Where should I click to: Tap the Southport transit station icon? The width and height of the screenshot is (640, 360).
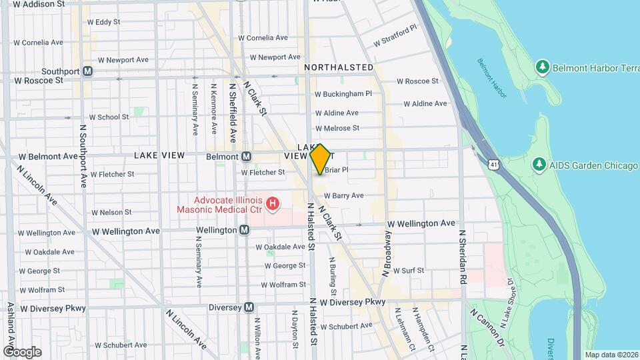(88, 71)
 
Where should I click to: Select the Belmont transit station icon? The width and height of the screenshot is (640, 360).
(246, 156)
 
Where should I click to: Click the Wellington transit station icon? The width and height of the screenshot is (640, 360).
(245, 230)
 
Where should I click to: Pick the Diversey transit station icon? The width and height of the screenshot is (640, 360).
(249, 307)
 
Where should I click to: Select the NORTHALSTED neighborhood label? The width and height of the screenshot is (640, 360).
(339, 67)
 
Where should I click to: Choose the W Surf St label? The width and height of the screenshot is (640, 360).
(408, 271)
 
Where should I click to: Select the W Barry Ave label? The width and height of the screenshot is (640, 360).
(343, 196)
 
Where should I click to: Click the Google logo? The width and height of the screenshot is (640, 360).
(22, 351)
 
